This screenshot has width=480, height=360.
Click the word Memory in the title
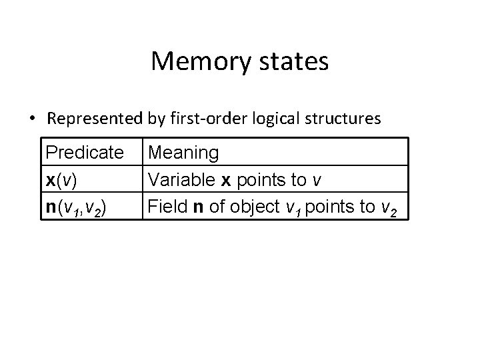point(193,62)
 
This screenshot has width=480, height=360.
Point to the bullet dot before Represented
point(32,120)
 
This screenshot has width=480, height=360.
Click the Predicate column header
point(85,153)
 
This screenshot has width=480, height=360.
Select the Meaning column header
point(183,153)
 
